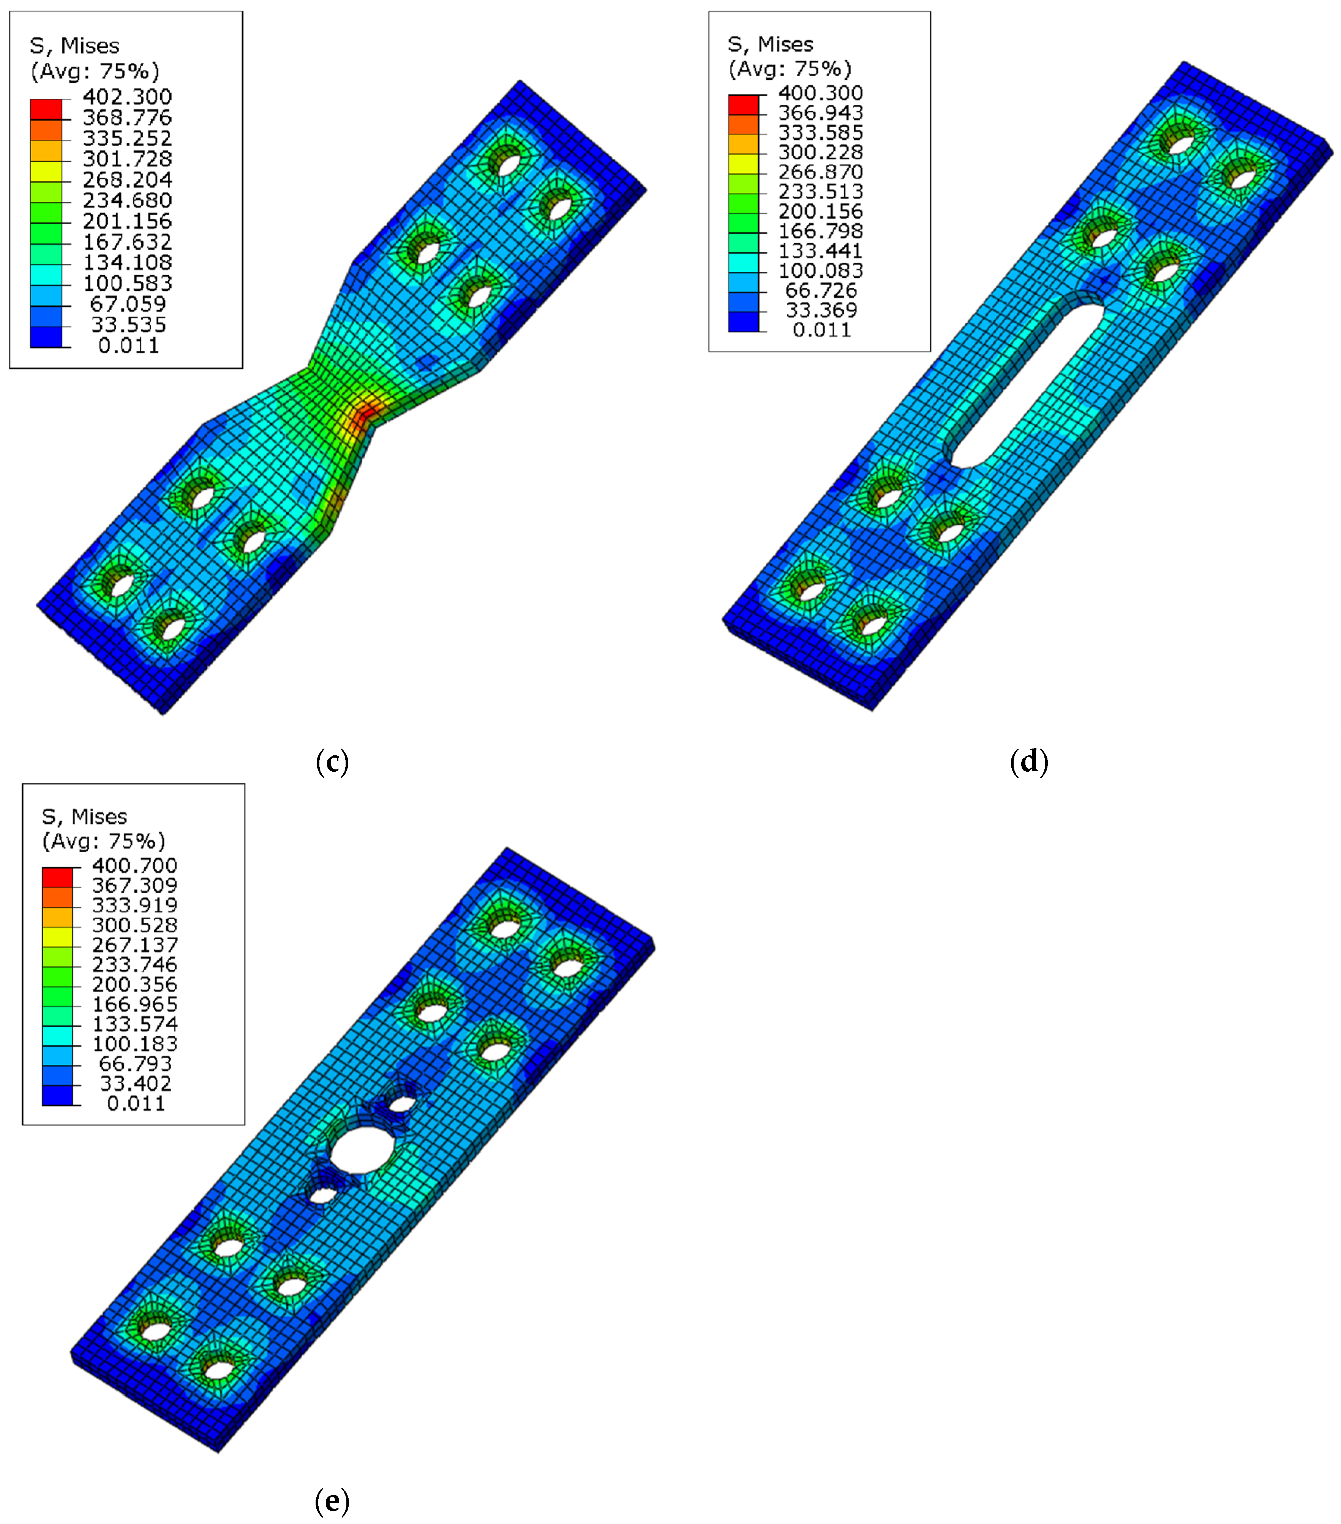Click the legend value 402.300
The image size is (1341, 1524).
[x=127, y=97]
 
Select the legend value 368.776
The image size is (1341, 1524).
[x=127, y=118]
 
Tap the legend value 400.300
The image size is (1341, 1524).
[x=820, y=93]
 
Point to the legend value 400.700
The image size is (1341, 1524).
[x=134, y=866]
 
